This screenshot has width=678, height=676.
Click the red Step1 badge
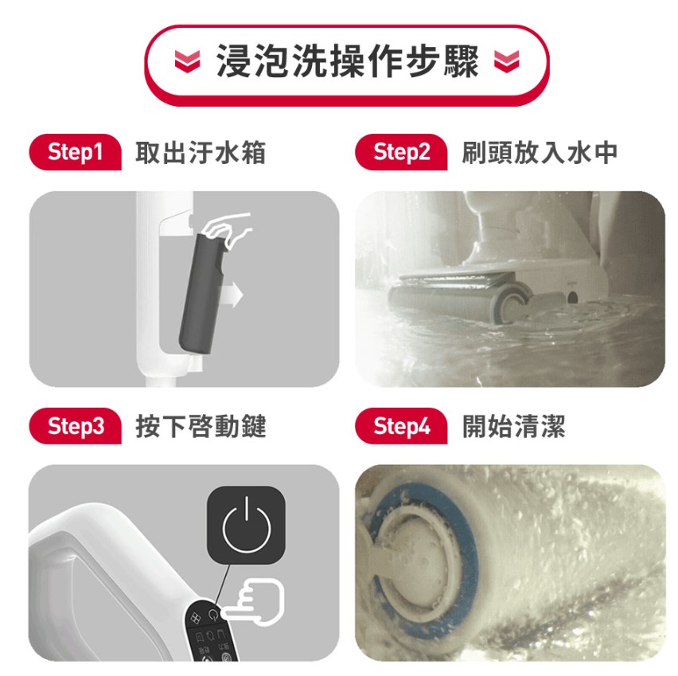click(x=76, y=152)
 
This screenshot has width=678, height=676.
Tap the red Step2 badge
click(x=401, y=152)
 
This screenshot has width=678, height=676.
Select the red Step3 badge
click(x=76, y=426)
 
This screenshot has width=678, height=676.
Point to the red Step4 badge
click(x=401, y=426)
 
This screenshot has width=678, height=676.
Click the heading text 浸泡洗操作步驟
click(x=347, y=61)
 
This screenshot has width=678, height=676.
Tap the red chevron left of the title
click(x=187, y=61)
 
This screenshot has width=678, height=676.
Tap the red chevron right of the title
click(x=506, y=61)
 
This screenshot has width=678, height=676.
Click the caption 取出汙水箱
click(x=201, y=152)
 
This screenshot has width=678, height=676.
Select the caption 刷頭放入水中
click(x=540, y=152)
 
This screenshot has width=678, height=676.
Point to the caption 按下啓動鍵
click(x=201, y=426)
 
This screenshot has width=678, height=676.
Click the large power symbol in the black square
click(x=246, y=525)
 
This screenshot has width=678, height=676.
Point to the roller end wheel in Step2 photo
click(x=510, y=303)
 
